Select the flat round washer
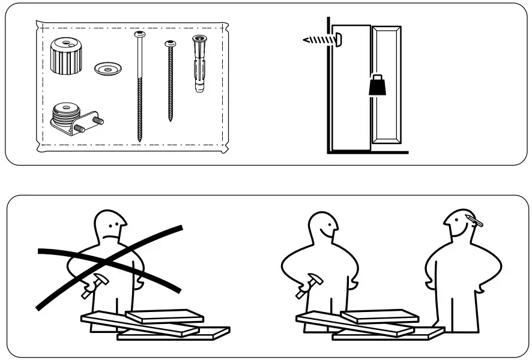(109, 68)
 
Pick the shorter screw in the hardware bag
(169, 81)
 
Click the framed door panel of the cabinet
(385, 84)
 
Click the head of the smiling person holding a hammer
(324, 227)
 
